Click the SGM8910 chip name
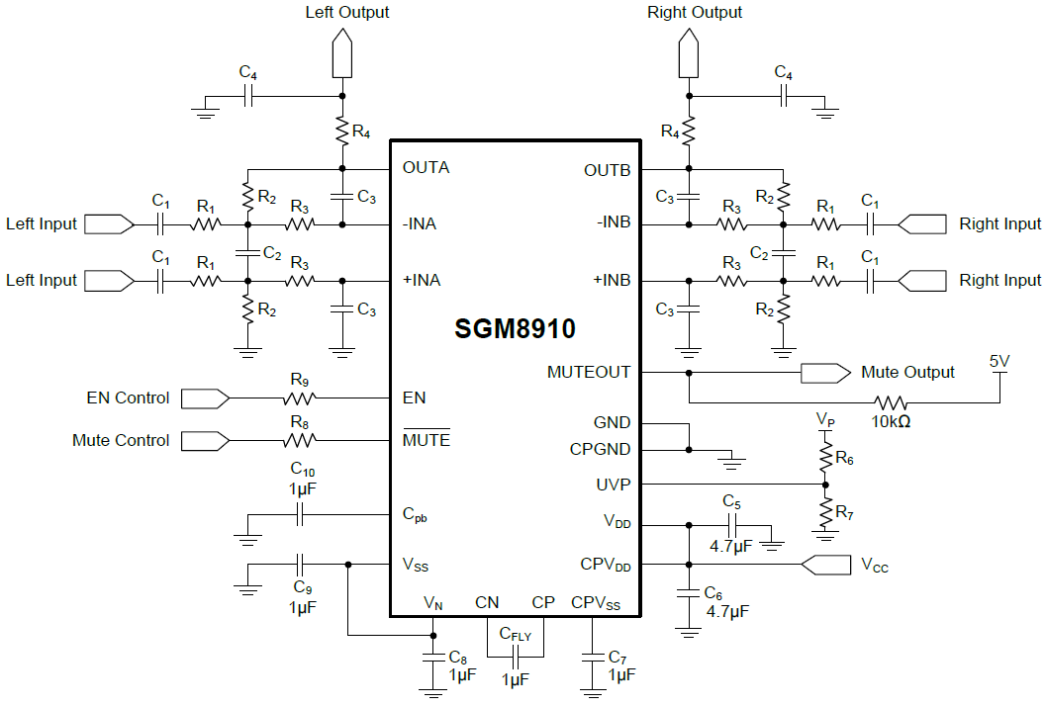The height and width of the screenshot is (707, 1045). click(x=515, y=328)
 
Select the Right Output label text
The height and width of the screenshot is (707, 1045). click(x=695, y=13)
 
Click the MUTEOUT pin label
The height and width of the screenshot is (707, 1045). click(x=589, y=373)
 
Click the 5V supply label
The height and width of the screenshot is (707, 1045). click(x=999, y=362)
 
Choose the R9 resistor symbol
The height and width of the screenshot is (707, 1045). click(x=299, y=398)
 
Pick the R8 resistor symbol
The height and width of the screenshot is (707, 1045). click(x=299, y=441)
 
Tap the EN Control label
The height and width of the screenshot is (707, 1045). click(x=129, y=398)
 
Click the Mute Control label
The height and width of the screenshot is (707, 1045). click(x=121, y=441)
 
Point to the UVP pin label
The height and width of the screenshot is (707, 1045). click(x=612, y=485)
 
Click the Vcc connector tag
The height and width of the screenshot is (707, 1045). click(x=826, y=566)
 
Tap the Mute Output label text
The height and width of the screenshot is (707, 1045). click(x=907, y=373)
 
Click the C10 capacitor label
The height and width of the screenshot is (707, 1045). click(x=302, y=469)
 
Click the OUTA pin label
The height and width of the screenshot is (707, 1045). click(x=426, y=167)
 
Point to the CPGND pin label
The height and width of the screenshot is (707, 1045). click(x=600, y=449)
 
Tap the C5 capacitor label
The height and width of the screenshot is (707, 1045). click(x=732, y=501)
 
